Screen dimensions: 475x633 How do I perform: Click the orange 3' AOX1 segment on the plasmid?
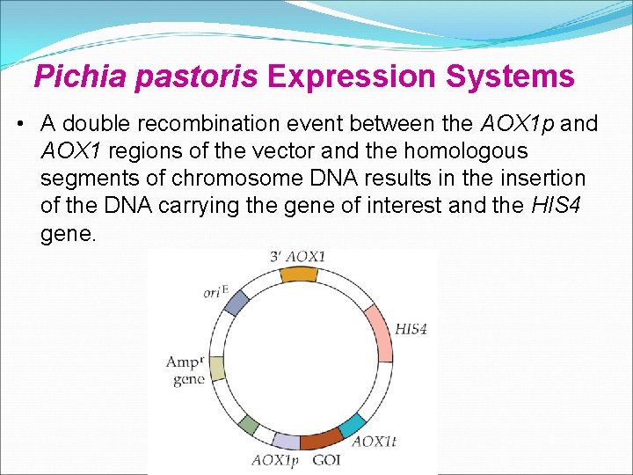pyautogui.click(x=298, y=274)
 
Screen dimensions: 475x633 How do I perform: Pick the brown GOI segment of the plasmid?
pyautogui.click(x=322, y=438)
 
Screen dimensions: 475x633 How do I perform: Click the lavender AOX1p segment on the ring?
pyautogui.click(x=287, y=440)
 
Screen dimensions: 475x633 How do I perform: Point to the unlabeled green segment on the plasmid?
pyautogui.click(x=249, y=426)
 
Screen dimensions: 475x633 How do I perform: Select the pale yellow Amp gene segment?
pyautogui.click(x=216, y=369)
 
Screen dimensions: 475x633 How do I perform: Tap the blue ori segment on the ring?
pyautogui.click(x=237, y=302)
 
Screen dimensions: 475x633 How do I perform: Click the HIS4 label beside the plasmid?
pyautogui.click(x=411, y=330)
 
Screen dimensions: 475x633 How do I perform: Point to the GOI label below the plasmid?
pyautogui.click(x=326, y=459)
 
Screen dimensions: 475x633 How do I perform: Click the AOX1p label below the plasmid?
pyautogui.click(x=275, y=459)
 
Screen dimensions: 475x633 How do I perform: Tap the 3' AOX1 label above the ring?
pyautogui.click(x=298, y=256)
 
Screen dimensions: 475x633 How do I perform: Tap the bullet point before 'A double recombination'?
pyautogui.click(x=19, y=125)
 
